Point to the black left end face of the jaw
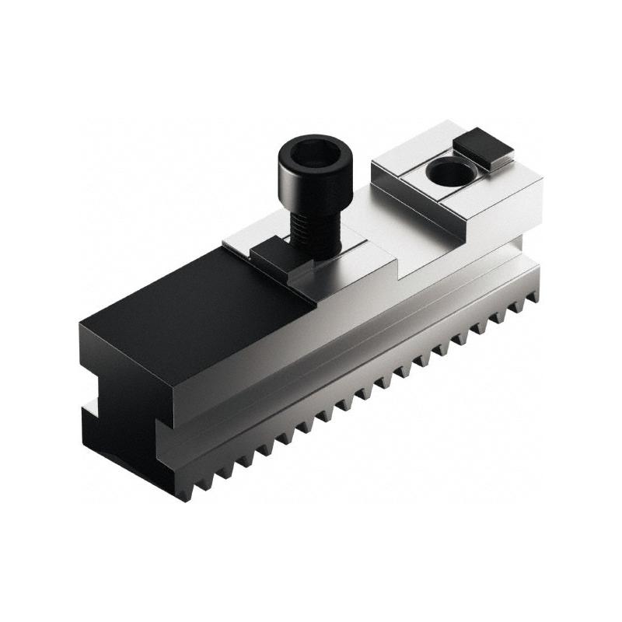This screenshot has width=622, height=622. click(x=117, y=389)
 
